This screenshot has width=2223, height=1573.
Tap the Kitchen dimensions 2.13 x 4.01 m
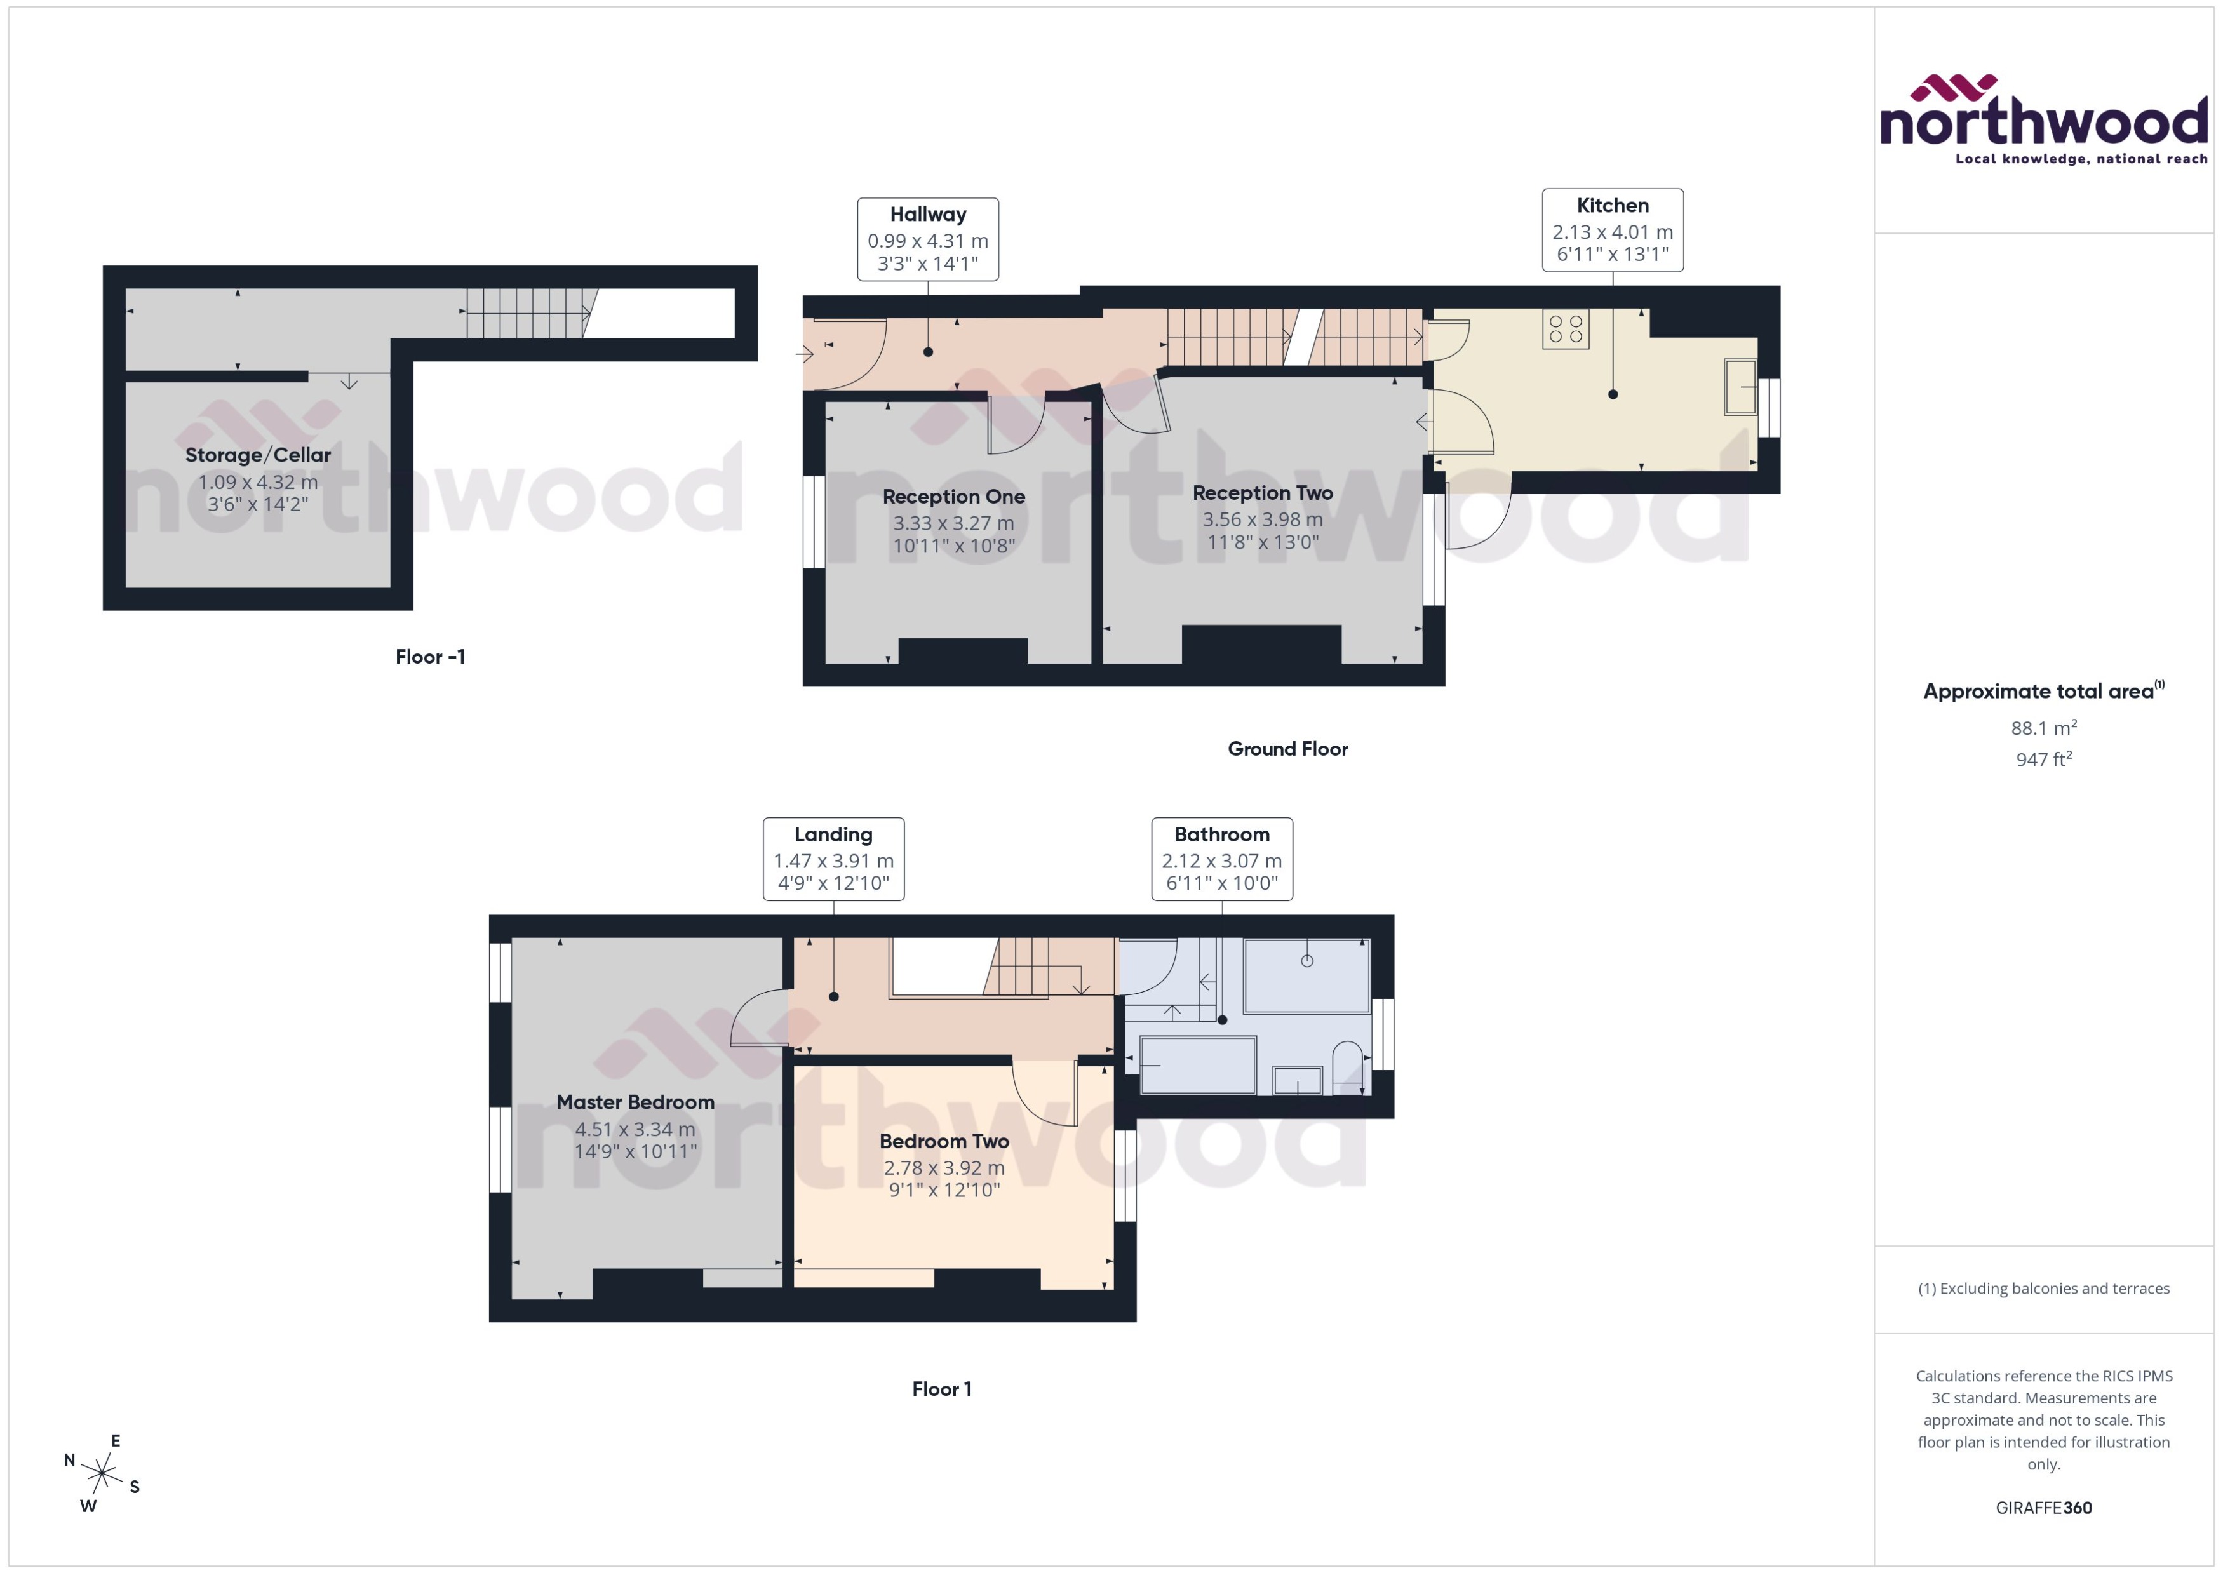[x=1612, y=232]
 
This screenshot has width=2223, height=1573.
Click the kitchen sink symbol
[x=1740, y=387]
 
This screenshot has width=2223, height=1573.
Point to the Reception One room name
[x=953, y=497]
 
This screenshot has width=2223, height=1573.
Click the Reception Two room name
[x=1262, y=493]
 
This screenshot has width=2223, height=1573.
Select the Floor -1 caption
[x=430, y=657]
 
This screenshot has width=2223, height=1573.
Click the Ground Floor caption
[x=1287, y=749]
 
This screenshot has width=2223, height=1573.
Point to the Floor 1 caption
[x=941, y=1389]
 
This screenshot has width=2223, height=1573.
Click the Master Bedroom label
[x=635, y=1102]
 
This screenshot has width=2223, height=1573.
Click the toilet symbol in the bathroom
[x=1347, y=1068]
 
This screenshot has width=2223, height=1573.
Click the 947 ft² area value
[x=2043, y=760]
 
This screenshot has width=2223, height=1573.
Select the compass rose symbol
[x=102, y=1474]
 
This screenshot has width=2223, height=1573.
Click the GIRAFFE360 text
[x=2043, y=1508]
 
